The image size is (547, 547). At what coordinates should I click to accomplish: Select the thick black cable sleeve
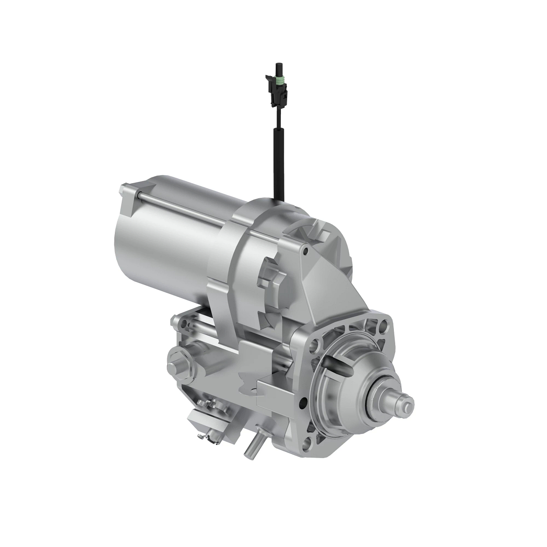point(278,164)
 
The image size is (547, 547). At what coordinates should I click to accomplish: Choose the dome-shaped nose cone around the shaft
point(360,383)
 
